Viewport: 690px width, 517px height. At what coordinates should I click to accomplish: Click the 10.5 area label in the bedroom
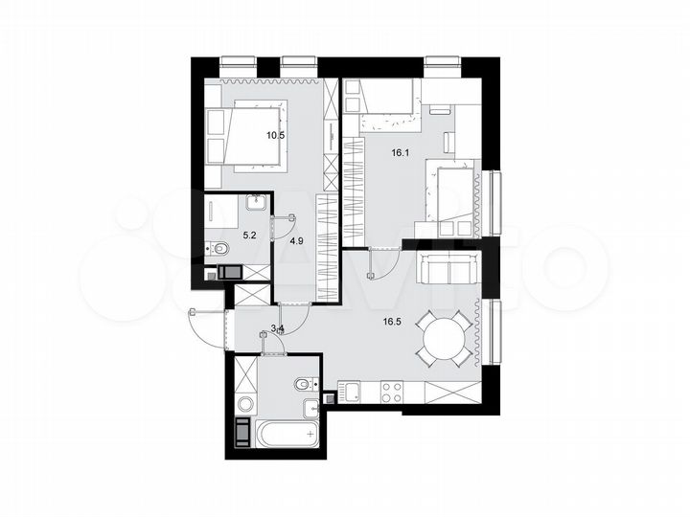pyautogui.click(x=276, y=135)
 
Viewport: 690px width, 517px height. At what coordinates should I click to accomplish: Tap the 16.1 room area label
pyautogui.click(x=400, y=151)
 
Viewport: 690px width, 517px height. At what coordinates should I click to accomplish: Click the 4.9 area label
pyautogui.click(x=296, y=242)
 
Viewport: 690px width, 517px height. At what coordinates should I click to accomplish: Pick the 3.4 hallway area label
pyautogui.click(x=278, y=328)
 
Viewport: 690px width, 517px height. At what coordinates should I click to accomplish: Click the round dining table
pyautogui.click(x=442, y=339)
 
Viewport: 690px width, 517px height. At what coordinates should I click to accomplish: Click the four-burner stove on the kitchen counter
pyautogui.click(x=393, y=392)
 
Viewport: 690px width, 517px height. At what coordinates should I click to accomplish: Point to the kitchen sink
pyautogui.click(x=349, y=391)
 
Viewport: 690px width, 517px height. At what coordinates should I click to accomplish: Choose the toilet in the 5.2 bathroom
pyautogui.click(x=218, y=251)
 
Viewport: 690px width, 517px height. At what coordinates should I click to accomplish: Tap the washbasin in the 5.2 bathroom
pyautogui.click(x=257, y=203)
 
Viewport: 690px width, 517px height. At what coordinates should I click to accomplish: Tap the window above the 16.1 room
pyautogui.click(x=443, y=66)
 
